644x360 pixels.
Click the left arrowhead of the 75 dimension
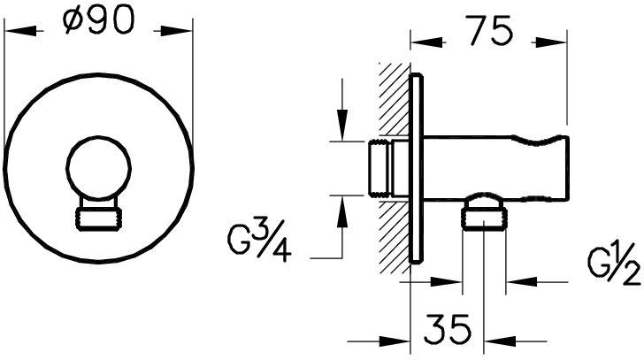[421, 40]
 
